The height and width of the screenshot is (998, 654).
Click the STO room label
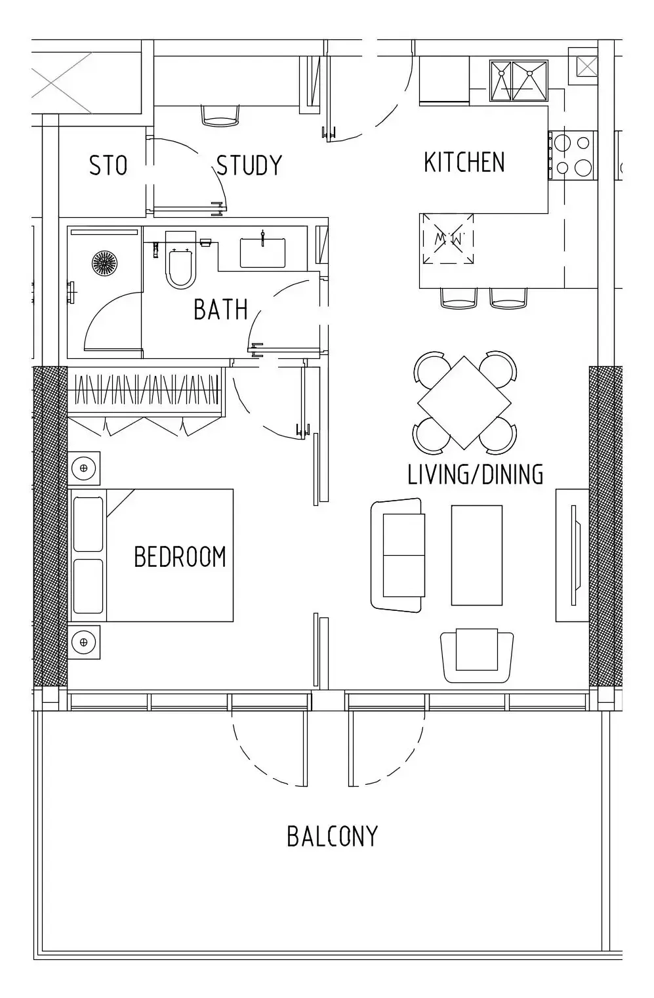coord(108,165)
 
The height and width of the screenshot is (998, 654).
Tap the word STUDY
coord(249,165)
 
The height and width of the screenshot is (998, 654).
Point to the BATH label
coord(220,310)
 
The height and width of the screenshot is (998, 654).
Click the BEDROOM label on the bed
coord(180,556)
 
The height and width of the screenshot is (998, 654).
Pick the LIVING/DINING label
coord(476,474)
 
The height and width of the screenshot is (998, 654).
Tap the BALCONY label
coord(332,837)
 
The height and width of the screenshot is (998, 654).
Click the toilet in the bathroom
coord(180,259)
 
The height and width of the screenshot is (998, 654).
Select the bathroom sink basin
coord(263,253)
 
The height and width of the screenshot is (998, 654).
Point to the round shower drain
coord(105,262)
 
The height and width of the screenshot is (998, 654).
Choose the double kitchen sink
coord(518,81)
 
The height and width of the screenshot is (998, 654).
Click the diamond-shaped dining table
coord(464,402)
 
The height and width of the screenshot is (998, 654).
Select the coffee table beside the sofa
coord(477,555)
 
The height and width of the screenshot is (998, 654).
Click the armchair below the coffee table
coord(477,655)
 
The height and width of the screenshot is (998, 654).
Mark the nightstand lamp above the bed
coord(84,468)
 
